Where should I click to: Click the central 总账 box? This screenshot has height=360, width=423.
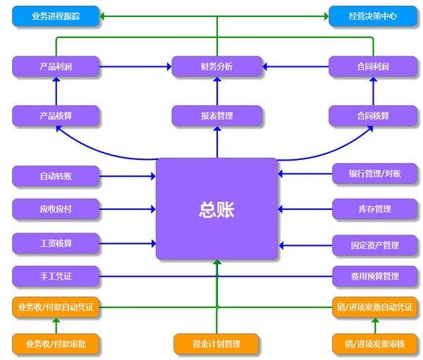click(216, 209)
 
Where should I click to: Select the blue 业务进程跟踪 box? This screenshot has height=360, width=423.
click(56, 15)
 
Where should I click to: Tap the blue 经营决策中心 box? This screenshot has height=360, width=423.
click(373, 15)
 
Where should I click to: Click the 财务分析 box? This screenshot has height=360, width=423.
click(216, 67)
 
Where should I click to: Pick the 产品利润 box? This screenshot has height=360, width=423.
click(56, 67)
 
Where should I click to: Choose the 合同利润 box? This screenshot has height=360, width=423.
click(373, 67)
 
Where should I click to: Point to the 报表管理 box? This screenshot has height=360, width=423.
click(216, 116)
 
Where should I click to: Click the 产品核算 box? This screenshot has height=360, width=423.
click(56, 116)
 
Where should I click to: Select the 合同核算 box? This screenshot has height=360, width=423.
click(373, 116)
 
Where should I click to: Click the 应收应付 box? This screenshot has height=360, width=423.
click(56, 209)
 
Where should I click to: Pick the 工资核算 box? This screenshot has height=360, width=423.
click(56, 244)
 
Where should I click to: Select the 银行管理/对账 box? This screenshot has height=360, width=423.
click(374, 174)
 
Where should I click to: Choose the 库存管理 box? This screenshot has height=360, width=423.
click(374, 209)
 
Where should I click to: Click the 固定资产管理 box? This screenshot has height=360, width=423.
click(374, 245)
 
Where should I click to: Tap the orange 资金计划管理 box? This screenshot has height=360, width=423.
click(216, 344)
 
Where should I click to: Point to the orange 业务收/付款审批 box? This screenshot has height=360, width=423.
click(56, 344)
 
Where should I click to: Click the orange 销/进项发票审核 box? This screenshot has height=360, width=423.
click(374, 344)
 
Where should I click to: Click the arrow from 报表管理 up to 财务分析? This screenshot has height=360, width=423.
click(217, 92)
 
